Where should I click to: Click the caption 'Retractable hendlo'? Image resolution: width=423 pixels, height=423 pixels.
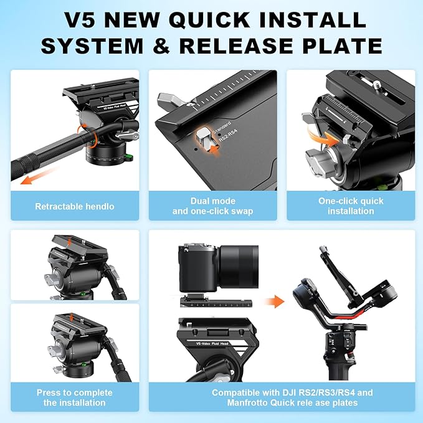click(74, 206)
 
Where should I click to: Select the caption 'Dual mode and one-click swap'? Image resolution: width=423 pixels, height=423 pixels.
click(212, 206)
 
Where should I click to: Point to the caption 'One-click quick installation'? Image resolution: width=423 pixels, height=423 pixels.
click(350, 206)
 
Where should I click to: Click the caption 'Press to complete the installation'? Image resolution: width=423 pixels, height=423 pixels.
click(74, 397)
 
